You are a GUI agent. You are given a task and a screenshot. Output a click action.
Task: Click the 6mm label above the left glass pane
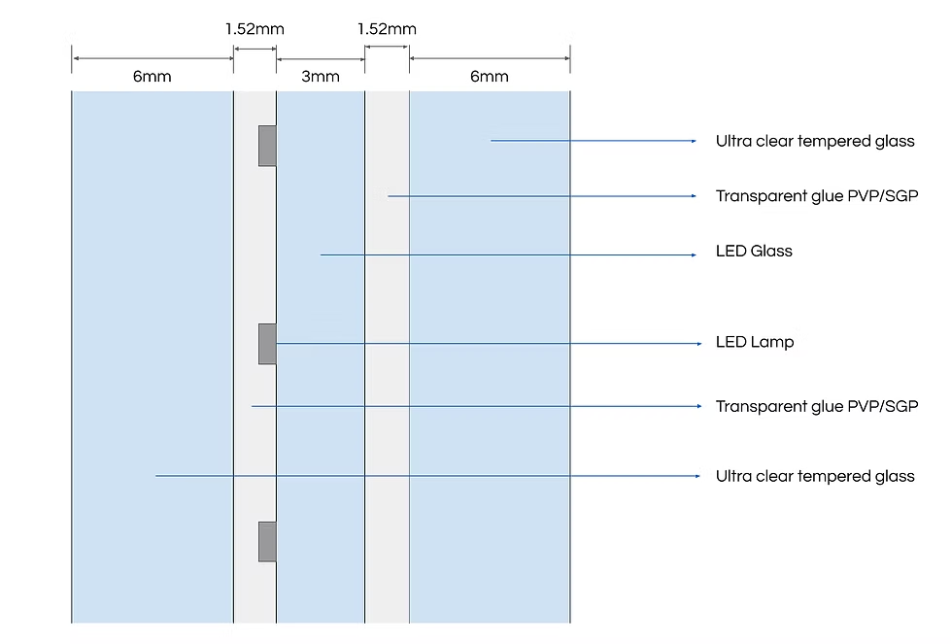[153, 77]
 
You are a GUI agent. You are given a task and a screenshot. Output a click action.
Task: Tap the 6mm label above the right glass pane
[490, 77]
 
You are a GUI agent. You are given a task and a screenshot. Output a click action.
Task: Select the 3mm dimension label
[321, 77]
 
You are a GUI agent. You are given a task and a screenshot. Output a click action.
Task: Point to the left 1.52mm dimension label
[255, 29]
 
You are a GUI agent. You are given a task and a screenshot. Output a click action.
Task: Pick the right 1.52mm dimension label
[387, 29]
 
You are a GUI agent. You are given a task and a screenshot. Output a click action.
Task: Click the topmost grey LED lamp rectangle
[267, 146]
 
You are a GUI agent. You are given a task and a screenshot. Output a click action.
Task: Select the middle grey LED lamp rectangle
[267, 344]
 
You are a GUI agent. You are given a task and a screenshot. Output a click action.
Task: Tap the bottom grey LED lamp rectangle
[267, 541]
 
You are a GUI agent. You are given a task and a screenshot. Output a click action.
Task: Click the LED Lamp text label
[755, 342]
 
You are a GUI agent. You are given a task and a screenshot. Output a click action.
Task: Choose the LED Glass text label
[754, 251]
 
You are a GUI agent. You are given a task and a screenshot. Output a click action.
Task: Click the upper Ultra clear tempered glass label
[815, 141]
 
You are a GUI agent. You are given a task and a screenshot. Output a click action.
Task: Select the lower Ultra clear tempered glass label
[815, 476]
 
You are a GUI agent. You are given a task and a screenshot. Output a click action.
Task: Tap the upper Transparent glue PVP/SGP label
[817, 196]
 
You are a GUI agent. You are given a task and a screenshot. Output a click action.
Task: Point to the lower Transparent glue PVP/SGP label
[817, 406]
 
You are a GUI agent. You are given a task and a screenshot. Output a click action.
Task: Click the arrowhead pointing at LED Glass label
[694, 254]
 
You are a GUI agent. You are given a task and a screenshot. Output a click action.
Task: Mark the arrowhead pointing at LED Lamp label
[698, 343]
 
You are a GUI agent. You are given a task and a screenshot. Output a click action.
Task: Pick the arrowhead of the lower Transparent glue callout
[698, 406]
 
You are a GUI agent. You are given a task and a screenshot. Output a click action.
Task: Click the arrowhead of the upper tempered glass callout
[694, 141]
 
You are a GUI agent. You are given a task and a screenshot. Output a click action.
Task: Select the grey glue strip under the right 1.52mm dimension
[387, 357]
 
